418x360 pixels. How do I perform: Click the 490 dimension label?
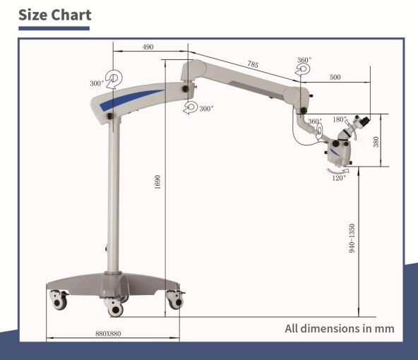(148, 47)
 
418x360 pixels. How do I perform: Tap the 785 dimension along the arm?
(253, 64)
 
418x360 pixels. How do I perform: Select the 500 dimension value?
(335, 77)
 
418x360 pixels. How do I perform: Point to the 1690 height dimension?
(157, 182)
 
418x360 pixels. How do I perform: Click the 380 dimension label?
(376, 142)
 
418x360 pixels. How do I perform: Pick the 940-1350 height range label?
(352, 238)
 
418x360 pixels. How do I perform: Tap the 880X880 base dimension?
(108, 334)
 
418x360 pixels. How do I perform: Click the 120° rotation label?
(339, 178)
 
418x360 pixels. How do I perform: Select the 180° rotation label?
(340, 119)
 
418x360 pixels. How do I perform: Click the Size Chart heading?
(55, 15)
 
